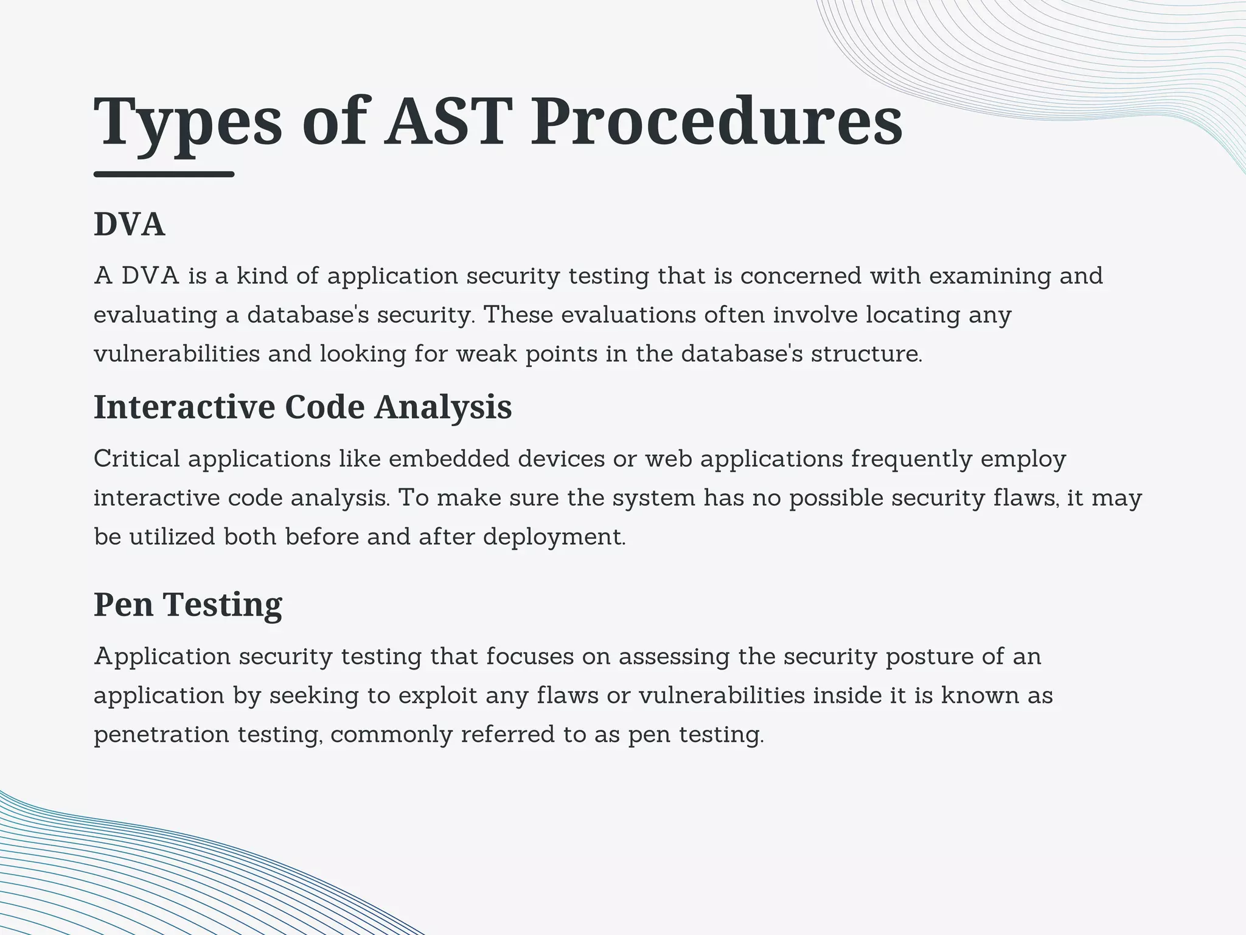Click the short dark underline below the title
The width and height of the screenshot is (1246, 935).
164,174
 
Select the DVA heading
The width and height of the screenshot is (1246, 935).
129,224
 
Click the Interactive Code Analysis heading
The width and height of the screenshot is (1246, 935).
302,407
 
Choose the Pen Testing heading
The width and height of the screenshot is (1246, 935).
187,604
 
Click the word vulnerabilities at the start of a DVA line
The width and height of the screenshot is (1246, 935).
176,354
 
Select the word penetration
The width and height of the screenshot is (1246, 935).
161,735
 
